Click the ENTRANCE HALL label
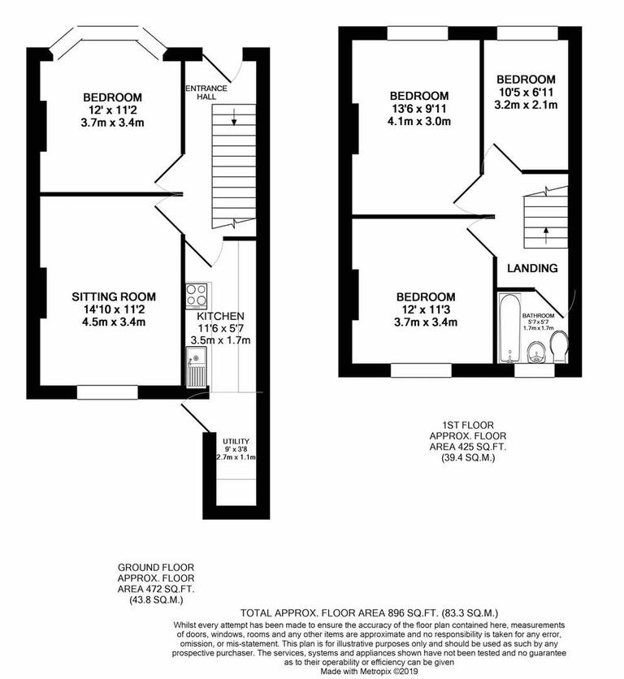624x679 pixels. pos(201,92)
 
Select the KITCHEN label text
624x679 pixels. pos(220,315)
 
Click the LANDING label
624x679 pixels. pos(532,268)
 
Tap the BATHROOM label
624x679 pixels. pos(538,315)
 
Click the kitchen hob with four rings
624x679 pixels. pos(197,293)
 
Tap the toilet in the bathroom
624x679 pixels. pos(560,349)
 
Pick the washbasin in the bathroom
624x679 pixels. pos(535,352)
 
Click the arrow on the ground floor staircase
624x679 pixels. pos(234,119)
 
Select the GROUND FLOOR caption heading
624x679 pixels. pos(156,568)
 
